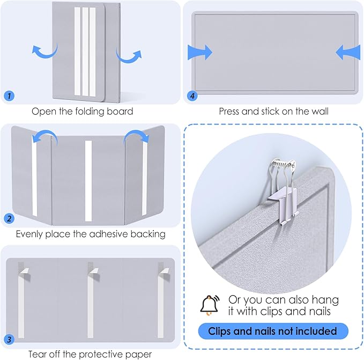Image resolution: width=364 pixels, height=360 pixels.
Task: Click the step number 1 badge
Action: [9, 95]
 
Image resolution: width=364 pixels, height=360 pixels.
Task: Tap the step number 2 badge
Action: [9, 218]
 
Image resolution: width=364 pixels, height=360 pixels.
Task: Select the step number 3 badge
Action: [9, 339]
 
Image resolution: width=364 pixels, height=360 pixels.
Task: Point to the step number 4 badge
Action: [192, 95]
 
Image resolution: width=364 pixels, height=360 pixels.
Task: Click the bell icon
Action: [210, 305]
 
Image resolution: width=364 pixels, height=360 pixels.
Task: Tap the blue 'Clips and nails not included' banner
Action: [273, 331]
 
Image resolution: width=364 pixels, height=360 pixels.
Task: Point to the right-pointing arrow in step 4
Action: [200, 52]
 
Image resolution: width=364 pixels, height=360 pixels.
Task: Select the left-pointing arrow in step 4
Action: [348, 52]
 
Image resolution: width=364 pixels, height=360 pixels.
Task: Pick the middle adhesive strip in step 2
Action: [88, 181]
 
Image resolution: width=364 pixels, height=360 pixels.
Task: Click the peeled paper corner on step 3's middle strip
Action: [94, 271]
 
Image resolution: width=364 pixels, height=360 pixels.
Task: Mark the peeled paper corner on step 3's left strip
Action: [24, 271]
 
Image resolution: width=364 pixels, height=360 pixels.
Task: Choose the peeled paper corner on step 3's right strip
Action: [164, 271]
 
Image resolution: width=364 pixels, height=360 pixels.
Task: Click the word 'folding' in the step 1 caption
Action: [90, 112]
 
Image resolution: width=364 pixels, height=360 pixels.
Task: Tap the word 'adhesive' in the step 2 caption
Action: [108, 234]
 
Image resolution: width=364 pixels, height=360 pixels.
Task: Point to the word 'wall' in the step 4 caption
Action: [320, 112]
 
